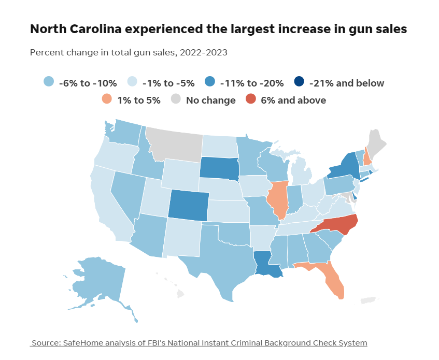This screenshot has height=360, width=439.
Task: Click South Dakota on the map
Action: click(x=219, y=167)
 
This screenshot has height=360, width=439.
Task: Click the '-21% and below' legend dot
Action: click(x=299, y=82)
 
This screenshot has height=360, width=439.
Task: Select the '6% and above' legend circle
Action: click(x=251, y=99)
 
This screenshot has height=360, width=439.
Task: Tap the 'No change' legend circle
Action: click(x=176, y=99)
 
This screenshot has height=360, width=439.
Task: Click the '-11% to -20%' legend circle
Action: click(x=210, y=82)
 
